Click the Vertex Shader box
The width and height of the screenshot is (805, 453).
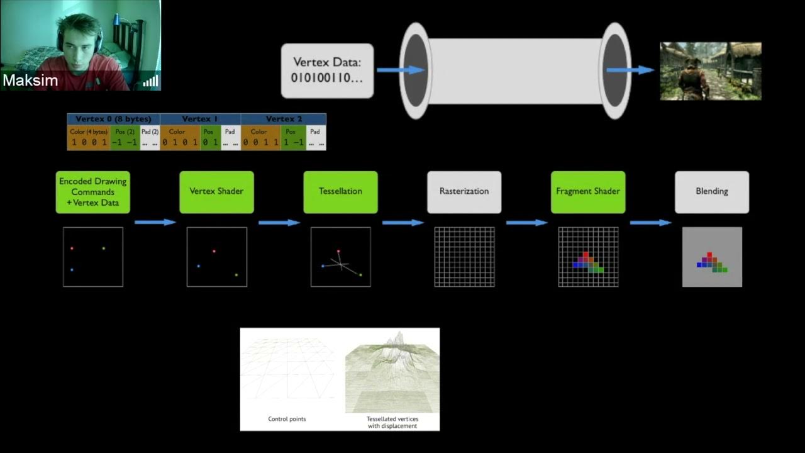pos(217,191)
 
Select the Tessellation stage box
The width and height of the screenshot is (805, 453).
pos(340,191)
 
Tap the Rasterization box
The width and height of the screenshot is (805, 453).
pos(464,191)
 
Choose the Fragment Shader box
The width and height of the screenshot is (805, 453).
pos(588,191)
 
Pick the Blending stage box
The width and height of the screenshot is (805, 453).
pos(712,191)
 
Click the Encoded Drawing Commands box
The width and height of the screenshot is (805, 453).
pos(93,191)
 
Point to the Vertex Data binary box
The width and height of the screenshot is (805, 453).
pos(327,70)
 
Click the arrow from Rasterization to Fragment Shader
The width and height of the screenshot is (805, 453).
pos(526,222)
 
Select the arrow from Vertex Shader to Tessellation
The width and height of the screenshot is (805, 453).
pos(279,222)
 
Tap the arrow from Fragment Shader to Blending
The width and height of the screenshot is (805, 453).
pos(650,222)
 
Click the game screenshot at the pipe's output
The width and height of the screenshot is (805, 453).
pos(711,71)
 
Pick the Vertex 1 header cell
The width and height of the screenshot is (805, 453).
pos(200,119)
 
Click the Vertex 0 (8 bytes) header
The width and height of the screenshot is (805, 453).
pos(113,119)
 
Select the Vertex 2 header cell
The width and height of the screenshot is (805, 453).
pos(284,119)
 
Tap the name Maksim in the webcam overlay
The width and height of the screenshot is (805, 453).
pos(30,81)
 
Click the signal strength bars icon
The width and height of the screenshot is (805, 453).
pos(150,81)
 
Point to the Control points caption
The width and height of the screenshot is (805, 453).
pos(287,418)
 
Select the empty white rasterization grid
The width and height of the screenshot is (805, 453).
pos(464,257)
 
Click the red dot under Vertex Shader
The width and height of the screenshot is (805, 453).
pos(214,251)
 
